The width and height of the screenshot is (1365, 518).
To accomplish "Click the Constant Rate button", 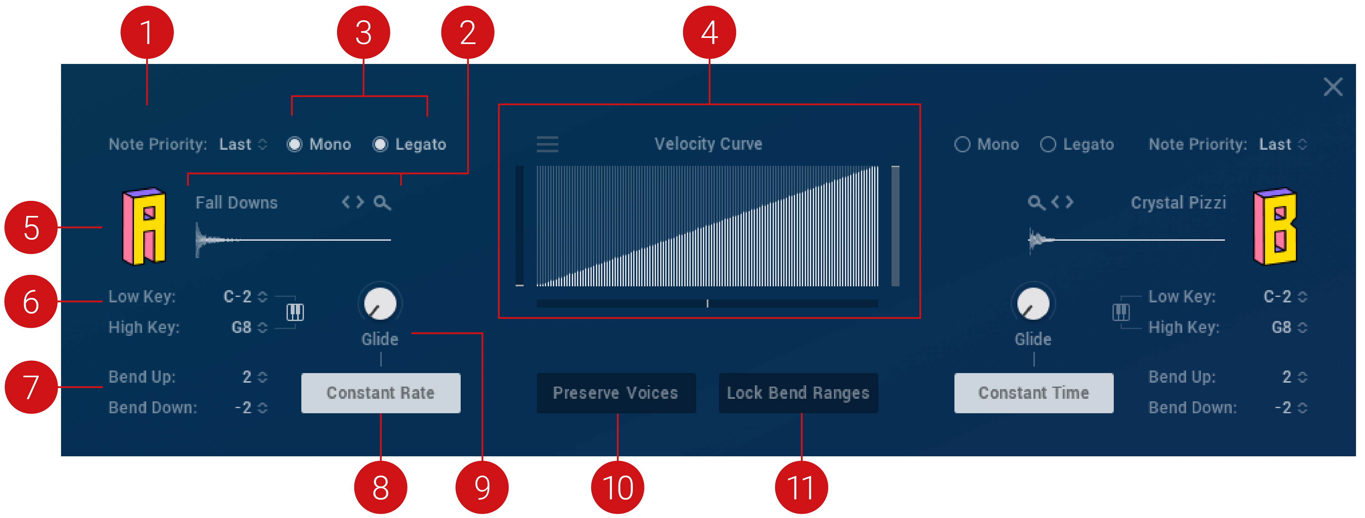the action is tap(380, 393).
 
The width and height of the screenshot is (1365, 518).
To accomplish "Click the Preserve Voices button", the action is tap(616, 393).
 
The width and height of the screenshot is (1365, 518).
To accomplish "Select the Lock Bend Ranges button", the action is tap(798, 393).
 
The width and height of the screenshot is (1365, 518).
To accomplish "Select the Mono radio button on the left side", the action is tap(295, 144).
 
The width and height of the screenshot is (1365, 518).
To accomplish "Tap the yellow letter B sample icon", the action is tap(1275, 227).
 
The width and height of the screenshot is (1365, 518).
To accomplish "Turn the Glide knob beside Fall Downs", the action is tap(380, 303).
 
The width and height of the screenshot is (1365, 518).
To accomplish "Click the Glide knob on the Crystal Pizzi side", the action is tap(1033, 303).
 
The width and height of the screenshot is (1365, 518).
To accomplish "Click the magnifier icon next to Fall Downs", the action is tap(382, 202).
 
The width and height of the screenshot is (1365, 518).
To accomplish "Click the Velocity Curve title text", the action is tap(708, 144).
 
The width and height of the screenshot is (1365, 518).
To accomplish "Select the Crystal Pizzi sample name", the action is tap(1178, 202).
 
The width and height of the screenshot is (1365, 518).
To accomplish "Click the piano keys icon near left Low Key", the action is tap(295, 312).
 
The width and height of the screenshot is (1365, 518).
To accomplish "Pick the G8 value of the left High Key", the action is tap(242, 327).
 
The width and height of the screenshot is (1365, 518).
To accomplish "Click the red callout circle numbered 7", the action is tap(31, 387).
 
